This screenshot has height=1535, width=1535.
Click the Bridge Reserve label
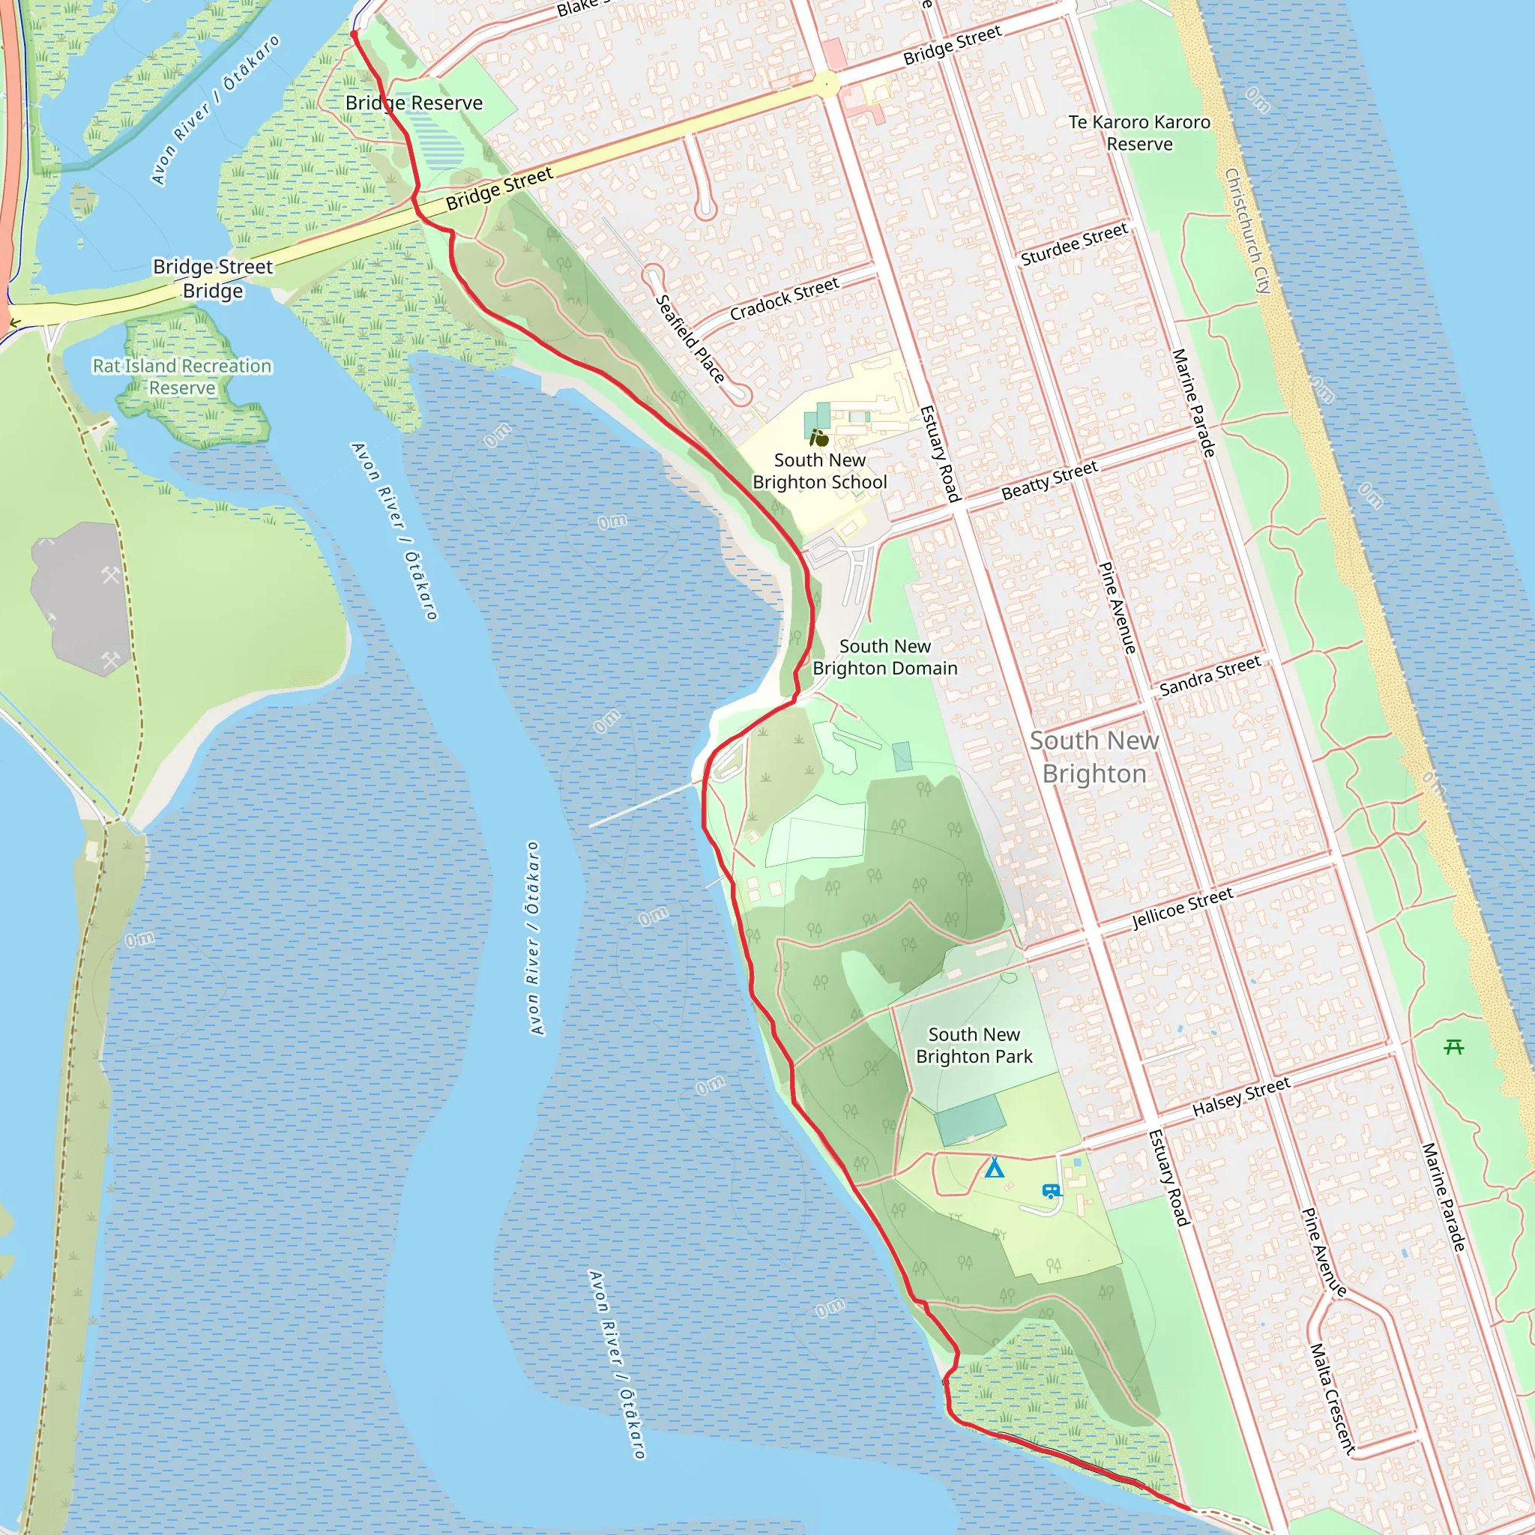point(414,103)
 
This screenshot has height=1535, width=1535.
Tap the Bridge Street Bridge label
point(213,278)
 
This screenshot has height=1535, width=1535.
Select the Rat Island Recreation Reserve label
point(182,376)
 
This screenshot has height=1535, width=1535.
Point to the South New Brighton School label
point(819,471)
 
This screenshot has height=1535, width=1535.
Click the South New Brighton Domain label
point(884,657)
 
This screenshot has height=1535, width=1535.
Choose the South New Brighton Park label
point(974,1045)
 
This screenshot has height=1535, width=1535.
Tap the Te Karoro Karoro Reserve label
point(1139,133)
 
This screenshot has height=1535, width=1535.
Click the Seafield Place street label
point(690,339)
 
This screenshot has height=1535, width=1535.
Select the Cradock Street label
point(784,299)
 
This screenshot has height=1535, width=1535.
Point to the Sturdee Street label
point(1074,244)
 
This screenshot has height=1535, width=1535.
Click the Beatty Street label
point(1049,480)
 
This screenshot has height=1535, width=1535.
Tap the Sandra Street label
point(1210,675)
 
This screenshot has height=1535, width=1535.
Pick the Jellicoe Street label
point(1182,908)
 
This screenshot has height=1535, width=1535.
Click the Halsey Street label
point(1241,1097)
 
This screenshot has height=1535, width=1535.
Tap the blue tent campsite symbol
point(994,1168)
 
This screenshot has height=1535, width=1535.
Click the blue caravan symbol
point(1051,1191)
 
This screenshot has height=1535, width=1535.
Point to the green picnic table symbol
point(1454,1047)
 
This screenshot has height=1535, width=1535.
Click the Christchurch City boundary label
point(1248,230)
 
